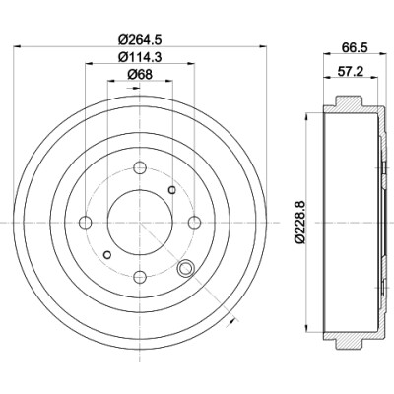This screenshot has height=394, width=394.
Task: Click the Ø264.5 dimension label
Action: coord(140,40)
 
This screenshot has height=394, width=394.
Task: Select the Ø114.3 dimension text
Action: coord(140,57)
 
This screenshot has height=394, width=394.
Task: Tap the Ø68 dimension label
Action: coord(140,75)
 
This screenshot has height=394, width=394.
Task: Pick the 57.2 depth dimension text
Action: coord(350,71)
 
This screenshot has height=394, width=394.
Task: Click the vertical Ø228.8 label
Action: coord(301,223)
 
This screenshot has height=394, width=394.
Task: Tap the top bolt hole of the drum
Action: coord(140,167)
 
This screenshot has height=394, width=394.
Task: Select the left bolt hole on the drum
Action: coord(86,223)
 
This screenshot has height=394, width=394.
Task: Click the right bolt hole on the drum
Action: coord(195,223)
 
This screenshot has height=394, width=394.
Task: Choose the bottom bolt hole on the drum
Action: coord(140,278)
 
